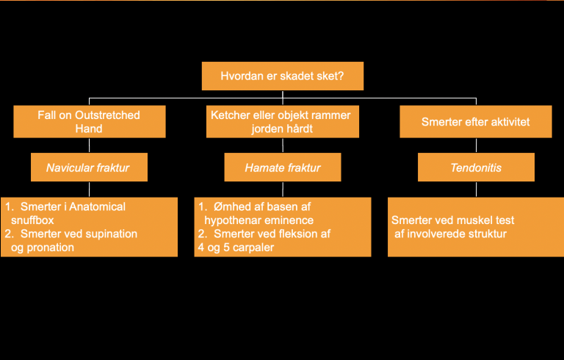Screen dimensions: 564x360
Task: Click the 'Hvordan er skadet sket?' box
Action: click(282, 76)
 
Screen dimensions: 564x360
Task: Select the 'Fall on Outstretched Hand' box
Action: click(90, 122)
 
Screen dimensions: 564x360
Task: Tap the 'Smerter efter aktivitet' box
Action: click(476, 122)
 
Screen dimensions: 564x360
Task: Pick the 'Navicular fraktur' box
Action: click(89, 167)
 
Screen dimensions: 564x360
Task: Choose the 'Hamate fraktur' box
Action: click(282, 167)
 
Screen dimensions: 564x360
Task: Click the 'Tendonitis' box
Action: click(476, 167)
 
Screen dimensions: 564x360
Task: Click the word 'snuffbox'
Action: click(32, 220)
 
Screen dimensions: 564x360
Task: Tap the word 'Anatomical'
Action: click(97, 206)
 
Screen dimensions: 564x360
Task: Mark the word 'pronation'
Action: click(51, 248)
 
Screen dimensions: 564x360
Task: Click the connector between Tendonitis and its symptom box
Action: click(476, 190)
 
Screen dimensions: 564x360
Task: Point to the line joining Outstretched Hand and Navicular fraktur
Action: click(89, 145)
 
